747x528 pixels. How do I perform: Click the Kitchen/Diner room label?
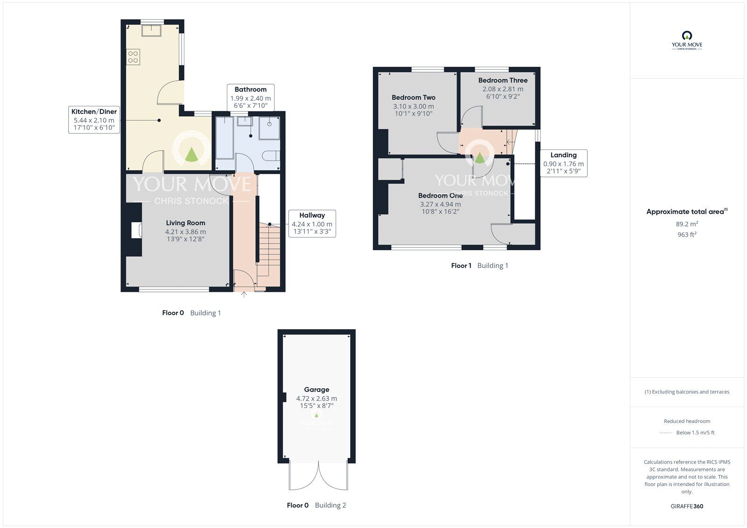coord(94,112)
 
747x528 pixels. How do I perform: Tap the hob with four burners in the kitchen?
coord(133,56)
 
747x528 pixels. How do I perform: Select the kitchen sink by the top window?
coord(151,30)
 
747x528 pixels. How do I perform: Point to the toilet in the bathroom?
coord(271,156)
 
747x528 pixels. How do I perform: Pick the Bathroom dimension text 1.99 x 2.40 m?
coord(250,99)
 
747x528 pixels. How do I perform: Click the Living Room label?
coord(185,223)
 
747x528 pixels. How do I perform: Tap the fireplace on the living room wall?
coord(136,230)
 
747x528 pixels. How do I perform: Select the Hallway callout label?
coord(312,215)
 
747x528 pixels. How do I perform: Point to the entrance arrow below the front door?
coord(244,294)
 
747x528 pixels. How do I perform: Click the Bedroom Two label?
coord(414,98)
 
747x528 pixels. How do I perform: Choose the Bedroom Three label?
coord(503,80)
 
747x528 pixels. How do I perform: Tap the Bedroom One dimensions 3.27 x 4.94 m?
coord(440,204)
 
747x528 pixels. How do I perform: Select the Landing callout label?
coord(564,155)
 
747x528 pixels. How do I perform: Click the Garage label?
coord(317,389)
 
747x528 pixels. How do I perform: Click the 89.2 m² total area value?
coord(687,224)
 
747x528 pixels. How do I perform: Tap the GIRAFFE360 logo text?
coord(687,506)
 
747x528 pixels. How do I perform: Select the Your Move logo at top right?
coord(687,41)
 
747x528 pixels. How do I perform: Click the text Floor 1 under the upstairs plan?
coord(461,266)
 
